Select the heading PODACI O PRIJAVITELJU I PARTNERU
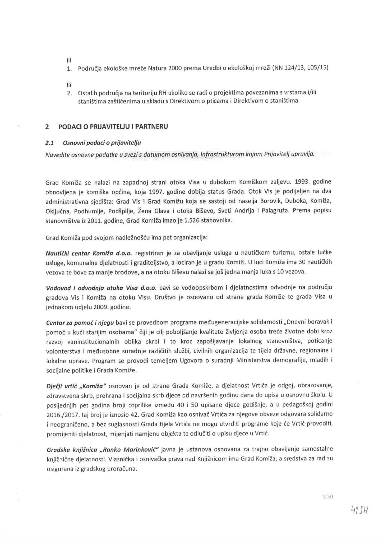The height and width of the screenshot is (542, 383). click(113, 127)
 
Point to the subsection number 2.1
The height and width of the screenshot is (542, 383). click(49, 143)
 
